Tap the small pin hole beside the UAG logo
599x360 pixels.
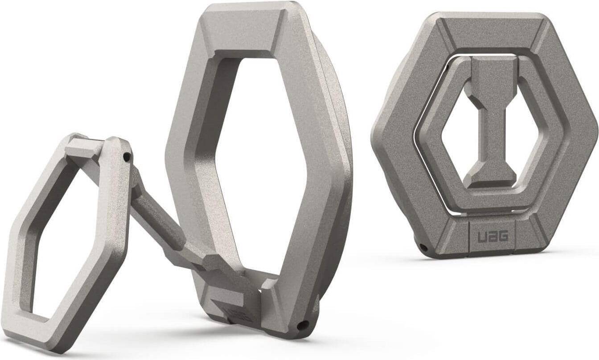(423, 246)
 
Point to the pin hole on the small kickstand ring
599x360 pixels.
(127, 157)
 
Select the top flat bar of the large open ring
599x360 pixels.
(243, 27)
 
